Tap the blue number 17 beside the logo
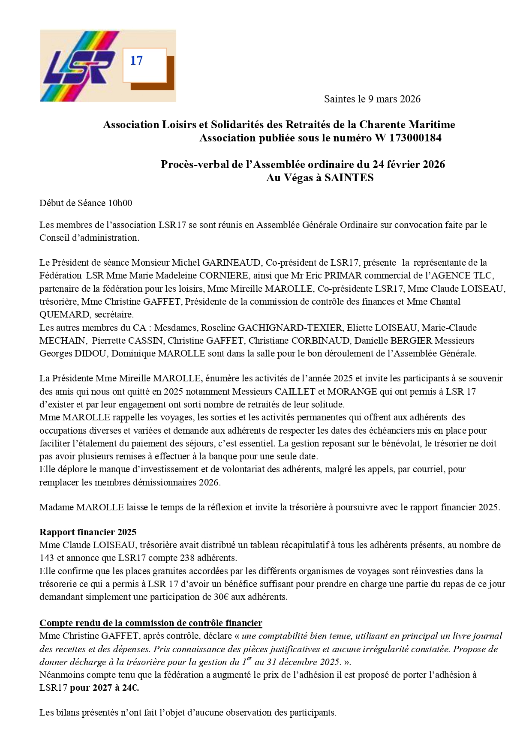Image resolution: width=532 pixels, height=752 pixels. [136, 61]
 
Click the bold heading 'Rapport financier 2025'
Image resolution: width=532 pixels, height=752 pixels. [88, 532]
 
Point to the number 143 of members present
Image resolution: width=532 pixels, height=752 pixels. [47, 558]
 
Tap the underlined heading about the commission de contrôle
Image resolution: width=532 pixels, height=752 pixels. [151, 623]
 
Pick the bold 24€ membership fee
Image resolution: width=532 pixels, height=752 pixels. [130, 688]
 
